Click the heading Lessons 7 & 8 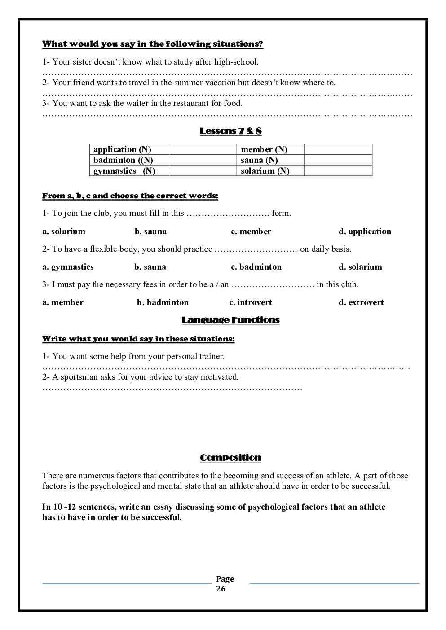(x=230, y=131)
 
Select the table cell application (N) (x=122, y=149)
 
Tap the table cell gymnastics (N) (x=124, y=171)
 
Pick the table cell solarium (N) (x=265, y=171)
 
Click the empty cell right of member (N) (x=338, y=149)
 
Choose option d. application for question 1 (x=365, y=232)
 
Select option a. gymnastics (x=68, y=267)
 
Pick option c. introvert (x=251, y=302)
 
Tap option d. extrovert (x=361, y=302)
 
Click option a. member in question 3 (x=63, y=302)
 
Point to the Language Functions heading (x=230, y=320)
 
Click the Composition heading (x=230, y=458)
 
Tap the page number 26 (x=221, y=589)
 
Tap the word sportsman (x=79, y=377)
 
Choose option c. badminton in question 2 (x=256, y=267)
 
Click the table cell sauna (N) (x=259, y=160)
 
